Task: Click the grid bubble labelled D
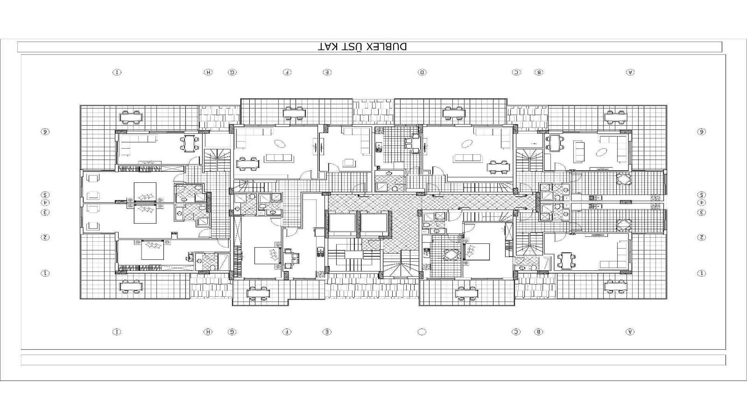pyautogui.click(x=422, y=72)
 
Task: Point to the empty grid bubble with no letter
pyautogui.click(x=422, y=332)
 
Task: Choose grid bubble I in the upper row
pyautogui.click(x=117, y=72)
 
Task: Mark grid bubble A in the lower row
pyautogui.click(x=630, y=332)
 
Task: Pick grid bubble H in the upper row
pyautogui.click(x=208, y=72)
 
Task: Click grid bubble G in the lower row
pyautogui.click(x=232, y=332)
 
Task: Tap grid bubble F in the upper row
pyautogui.click(x=287, y=72)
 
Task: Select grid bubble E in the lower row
pyautogui.click(x=327, y=332)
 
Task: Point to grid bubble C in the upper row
pyautogui.click(x=516, y=72)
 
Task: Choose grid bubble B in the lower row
pyautogui.click(x=539, y=332)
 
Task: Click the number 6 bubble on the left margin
pyautogui.click(x=45, y=131)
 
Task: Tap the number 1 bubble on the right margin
pyautogui.click(x=701, y=273)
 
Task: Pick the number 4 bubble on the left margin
pyautogui.click(x=45, y=203)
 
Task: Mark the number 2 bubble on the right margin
pyautogui.click(x=701, y=237)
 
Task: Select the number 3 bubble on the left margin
pyautogui.click(x=45, y=212)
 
